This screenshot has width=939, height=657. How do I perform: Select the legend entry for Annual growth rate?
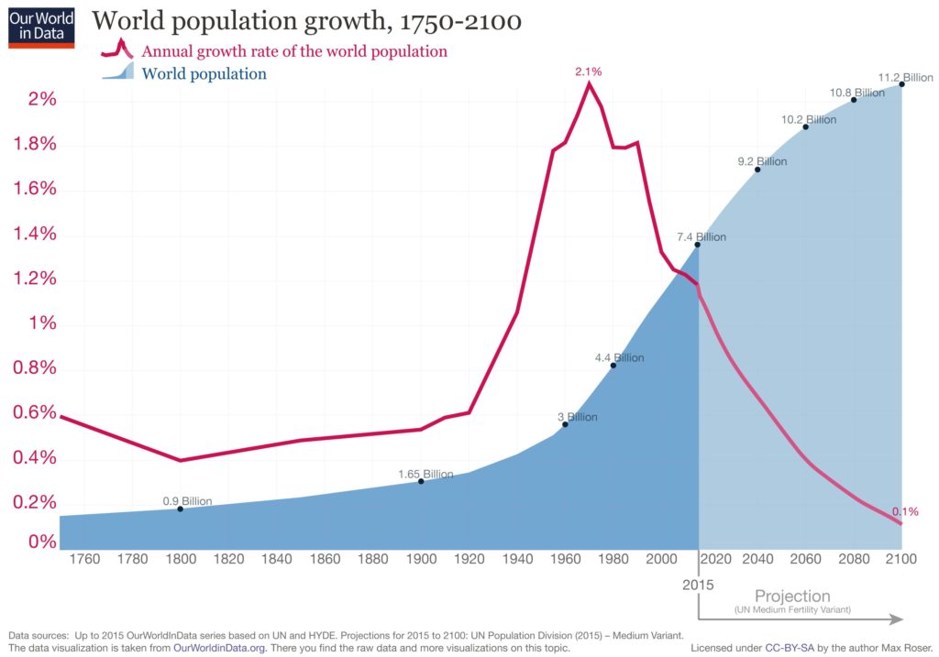point(293,51)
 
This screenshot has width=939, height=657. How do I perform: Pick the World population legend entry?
point(204,74)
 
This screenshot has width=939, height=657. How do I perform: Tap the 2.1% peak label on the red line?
point(588,71)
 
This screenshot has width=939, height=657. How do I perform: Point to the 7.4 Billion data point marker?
point(698,245)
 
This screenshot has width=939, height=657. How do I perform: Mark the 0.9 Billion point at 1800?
point(180,509)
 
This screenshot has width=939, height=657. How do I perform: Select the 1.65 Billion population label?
point(425,474)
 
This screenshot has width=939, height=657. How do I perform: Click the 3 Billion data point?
point(565,424)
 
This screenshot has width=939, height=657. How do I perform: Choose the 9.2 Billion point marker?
point(757,170)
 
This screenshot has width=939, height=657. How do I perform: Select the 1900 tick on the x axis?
point(421,558)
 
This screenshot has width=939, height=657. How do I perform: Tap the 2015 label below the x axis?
point(698,583)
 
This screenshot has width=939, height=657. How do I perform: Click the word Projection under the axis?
point(792,597)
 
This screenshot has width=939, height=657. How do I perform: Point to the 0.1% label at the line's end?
point(904,511)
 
